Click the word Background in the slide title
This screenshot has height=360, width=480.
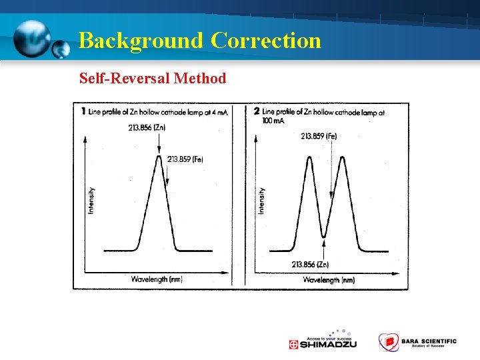click(141, 41)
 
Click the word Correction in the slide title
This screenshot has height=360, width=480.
click(266, 41)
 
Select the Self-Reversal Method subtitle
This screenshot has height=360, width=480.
click(153, 79)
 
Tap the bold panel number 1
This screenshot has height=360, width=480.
click(83, 111)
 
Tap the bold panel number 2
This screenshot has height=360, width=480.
click(257, 111)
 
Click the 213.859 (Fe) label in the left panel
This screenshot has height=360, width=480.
click(185, 159)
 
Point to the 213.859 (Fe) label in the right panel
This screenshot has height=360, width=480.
click(319, 136)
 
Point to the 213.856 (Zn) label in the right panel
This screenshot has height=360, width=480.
click(310, 265)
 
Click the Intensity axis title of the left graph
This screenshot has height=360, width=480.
click(91, 201)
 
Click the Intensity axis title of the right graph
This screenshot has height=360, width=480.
click(261, 200)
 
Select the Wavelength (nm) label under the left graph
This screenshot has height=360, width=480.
click(157, 279)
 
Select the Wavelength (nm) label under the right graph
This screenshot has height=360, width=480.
click(329, 280)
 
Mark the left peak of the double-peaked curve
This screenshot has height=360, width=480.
click(309, 158)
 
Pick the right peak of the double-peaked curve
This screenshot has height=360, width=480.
click(341, 158)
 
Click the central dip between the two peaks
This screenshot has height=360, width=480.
click(324, 235)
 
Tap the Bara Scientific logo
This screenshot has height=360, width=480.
click(417, 342)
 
